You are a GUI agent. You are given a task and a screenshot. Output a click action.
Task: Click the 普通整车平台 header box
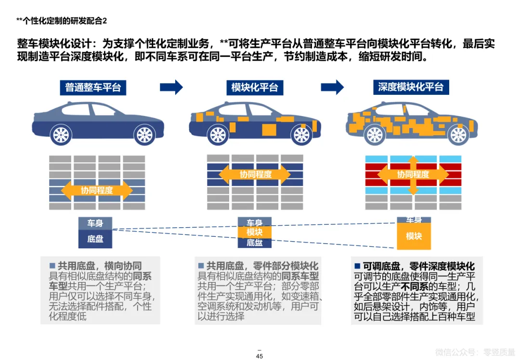(x=93, y=88)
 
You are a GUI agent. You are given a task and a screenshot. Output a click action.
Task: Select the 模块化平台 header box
(x=255, y=88)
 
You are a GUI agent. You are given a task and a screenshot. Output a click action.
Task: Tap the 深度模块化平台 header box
(x=411, y=87)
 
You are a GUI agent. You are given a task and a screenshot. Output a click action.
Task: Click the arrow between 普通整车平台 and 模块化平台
(x=171, y=87)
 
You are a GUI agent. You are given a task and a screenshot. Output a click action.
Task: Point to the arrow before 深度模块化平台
(x=332, y=87)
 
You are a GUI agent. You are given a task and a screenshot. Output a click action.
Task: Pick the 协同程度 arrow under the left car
(x=97, y=191)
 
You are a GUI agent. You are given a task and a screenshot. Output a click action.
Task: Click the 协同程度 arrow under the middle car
(x=255, y=174)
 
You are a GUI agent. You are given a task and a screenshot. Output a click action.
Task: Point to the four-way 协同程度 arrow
(x=413, y=174)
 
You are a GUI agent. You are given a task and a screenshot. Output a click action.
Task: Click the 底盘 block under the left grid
(x=95, y=239)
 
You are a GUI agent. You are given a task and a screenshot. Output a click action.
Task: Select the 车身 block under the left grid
(x=95, y=223)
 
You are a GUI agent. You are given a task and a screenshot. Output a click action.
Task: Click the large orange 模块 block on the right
(x=414, y=236)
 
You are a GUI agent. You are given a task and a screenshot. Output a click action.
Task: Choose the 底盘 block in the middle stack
(x=255, y=243)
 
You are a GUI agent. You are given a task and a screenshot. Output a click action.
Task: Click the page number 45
(x=260, y=356)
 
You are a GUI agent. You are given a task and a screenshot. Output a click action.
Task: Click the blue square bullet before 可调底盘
(x=357, y=266)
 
